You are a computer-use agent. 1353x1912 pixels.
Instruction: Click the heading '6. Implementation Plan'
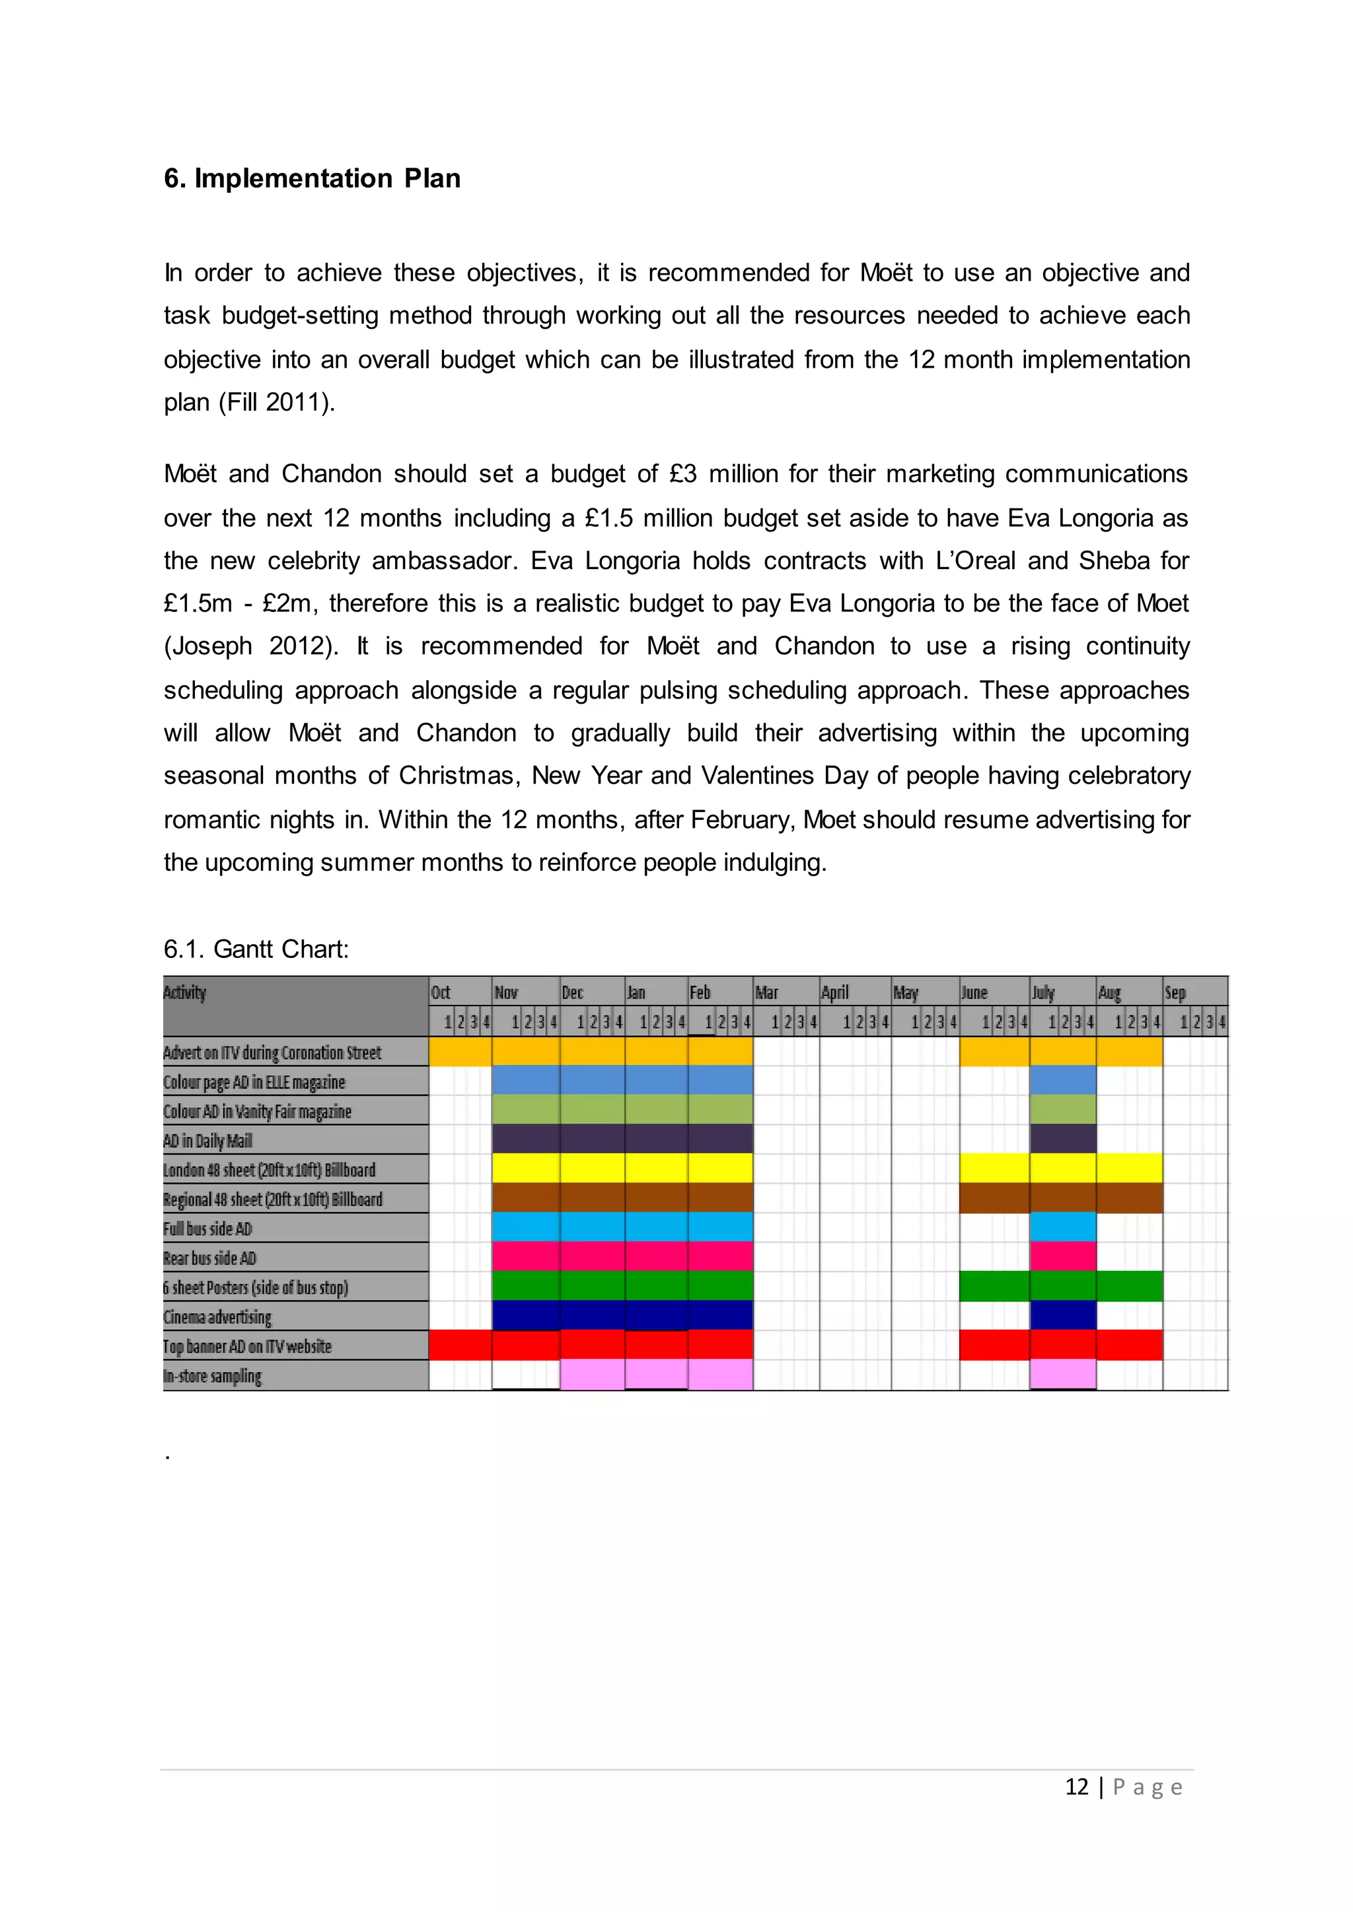(312, 178)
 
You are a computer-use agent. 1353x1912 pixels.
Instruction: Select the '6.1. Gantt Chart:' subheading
(256, 949)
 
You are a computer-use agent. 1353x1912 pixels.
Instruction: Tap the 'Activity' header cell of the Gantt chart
(185, 992)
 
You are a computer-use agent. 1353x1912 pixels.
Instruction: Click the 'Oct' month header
(441, 992)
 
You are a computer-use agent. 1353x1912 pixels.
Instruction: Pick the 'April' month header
(835, 992)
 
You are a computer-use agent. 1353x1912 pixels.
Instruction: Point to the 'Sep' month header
(1175, 992)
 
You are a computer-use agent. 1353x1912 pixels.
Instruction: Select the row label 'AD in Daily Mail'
(207, 1141)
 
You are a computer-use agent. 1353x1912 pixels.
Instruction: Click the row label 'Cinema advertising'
(217, 1316)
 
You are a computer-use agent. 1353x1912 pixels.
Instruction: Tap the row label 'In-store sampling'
(213, 1376)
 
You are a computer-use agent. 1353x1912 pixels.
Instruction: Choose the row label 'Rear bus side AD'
(210, 1258)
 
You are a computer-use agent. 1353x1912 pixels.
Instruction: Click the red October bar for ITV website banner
(460, 1345)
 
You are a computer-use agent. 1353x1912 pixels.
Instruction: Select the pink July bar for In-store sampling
(1062, 1374)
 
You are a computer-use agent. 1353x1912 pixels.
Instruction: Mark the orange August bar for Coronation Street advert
(1129, 1052)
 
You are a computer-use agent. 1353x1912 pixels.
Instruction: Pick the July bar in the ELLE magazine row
(1062, 1081)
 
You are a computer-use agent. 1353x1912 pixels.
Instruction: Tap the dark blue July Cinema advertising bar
(1062, 1316)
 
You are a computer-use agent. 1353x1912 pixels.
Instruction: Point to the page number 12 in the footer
(1076, 1787)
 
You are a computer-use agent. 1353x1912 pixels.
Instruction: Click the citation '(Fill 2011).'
(277, 402)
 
